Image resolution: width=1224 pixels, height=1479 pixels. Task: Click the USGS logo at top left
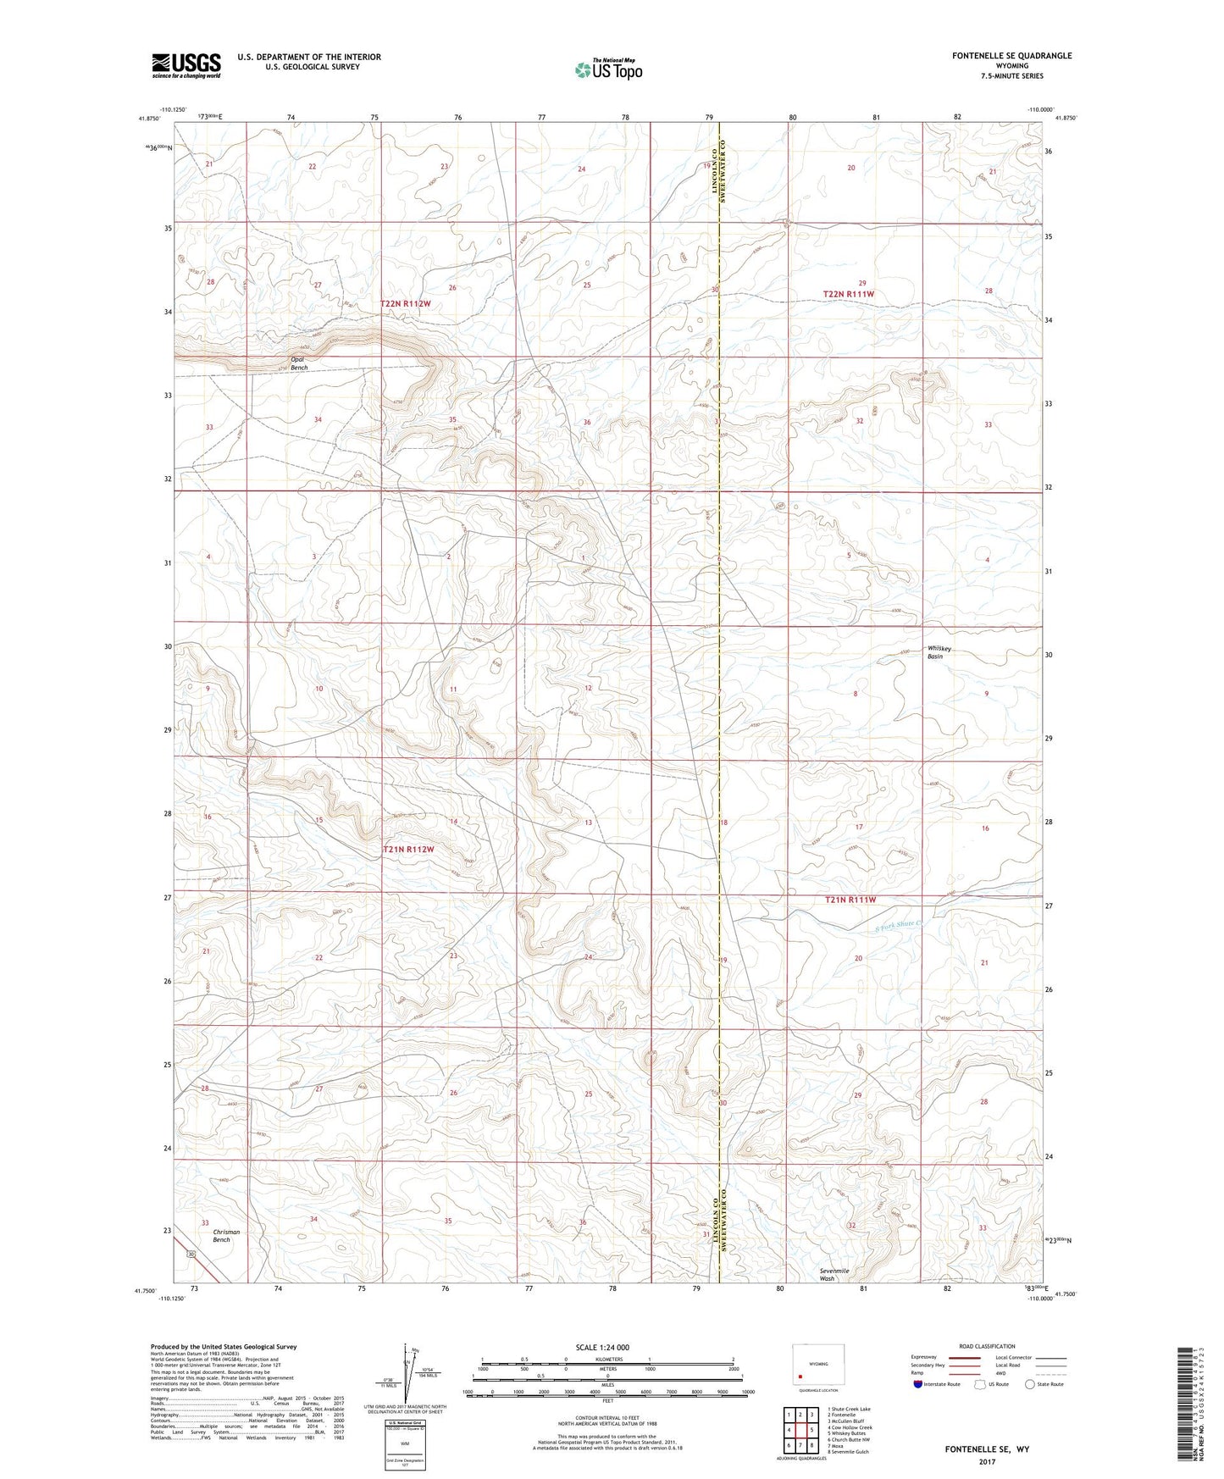pyautogui.click(x=186, y=65)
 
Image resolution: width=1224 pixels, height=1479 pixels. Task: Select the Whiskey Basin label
pyautogui.click(x=939, y=652)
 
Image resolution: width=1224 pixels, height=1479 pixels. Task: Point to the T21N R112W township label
pyautogui.click(x=408, y=849)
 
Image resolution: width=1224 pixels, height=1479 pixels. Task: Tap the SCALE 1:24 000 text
pyautogui.click(x=602, y=1347)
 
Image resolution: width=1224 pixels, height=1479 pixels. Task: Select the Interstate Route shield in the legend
pyautogui.click(x=919, y=1384)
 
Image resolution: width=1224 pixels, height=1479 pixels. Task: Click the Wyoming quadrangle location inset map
pyautogui.click(x=817, y=1365)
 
